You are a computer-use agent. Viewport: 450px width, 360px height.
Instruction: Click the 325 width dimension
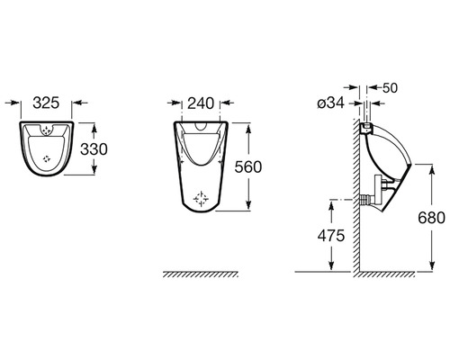[x=46, y=103]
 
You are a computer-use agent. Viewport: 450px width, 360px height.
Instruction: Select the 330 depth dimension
[x=94, y=149]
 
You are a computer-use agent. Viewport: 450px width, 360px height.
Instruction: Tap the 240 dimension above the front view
[x=201, y=103]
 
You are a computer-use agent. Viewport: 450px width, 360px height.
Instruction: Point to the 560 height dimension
[x=248, y=167]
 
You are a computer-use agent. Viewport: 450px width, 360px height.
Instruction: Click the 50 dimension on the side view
[x=391, y=87]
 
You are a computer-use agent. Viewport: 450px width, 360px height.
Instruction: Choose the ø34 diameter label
[x=331, y=103]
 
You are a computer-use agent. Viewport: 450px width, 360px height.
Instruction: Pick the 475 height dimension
[x=331, y=236]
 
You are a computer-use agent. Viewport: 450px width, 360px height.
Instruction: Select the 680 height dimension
[x=432, y=218]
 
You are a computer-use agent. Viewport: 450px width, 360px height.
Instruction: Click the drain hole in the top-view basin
[x=47, y=158]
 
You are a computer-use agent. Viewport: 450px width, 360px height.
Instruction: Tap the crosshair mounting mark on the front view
[x=201, y=199]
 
